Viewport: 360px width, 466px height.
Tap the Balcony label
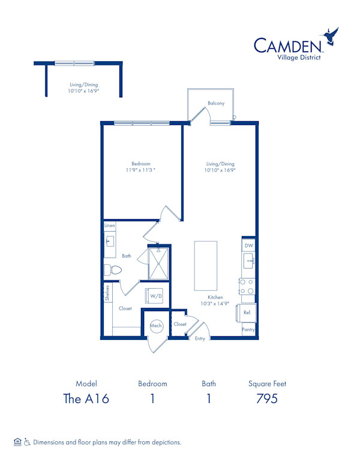tap(216, 103)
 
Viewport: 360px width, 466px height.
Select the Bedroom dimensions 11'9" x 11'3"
tap(141, 171)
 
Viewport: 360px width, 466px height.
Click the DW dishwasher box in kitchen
tap(249, 246)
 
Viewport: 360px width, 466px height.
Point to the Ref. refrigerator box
tap(247, 313)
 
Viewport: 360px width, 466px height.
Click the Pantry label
tap(248, 330)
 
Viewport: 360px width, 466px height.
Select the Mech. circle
tap(157, 325)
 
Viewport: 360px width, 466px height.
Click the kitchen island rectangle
tap(205, 265)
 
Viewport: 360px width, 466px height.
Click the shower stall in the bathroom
tap(159, 262)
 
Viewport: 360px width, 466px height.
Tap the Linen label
tap(109, 226)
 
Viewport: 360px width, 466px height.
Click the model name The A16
tap(86, 399)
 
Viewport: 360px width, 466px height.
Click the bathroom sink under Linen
tap(110, 241)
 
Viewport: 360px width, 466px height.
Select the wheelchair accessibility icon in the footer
tap(26, 442)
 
